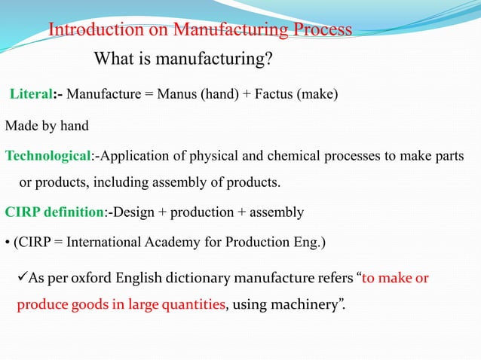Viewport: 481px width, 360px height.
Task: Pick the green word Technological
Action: click(x=47, y=157)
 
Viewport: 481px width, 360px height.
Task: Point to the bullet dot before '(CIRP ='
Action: click(x=8, y=242)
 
